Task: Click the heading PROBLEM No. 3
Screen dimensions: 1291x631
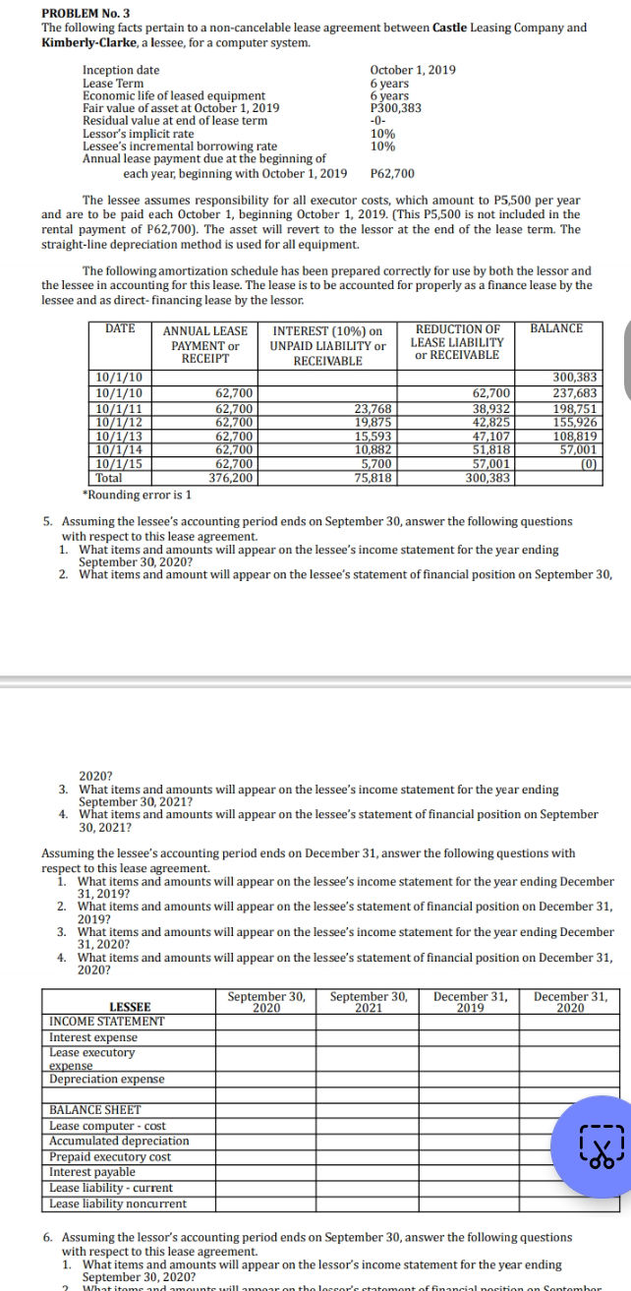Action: point(90,12)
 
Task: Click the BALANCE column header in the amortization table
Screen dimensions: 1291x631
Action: point(555,328)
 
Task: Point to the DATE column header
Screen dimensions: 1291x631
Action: point(120,328)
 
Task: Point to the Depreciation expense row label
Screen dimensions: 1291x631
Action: point(107,1079)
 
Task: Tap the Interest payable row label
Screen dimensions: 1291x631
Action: point(92,1172)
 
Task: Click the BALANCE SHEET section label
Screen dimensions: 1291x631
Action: point(96,1110)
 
